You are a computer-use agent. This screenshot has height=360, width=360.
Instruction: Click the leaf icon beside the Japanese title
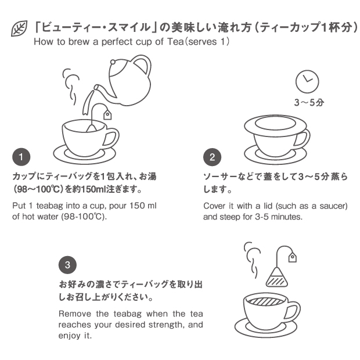pos(19,28)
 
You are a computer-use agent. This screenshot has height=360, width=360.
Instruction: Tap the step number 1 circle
pos(21,157)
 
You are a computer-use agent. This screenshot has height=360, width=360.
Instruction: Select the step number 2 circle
pos(212,157)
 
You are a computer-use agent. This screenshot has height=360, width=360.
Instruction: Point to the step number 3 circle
pos(67,265)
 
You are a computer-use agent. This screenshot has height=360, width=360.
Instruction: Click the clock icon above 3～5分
pos(307,81)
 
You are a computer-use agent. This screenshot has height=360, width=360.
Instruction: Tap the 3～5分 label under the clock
pos(309,102)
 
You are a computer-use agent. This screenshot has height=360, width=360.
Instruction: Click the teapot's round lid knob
pos(113,62)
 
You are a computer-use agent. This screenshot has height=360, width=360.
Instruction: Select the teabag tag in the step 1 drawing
pos(107,114)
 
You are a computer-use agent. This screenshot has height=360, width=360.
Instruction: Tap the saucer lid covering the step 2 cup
pos(275,125)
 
